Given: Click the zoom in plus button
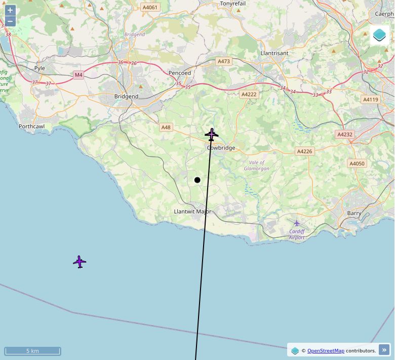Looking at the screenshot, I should pos(10,10).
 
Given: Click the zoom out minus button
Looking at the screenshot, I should pos(10,21).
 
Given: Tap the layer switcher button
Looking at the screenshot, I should pos(379,35).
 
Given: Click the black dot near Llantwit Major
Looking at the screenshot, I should pos(197,180).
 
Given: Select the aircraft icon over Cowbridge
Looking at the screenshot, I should pos(211,134).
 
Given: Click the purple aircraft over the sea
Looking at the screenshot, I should pos(80,262).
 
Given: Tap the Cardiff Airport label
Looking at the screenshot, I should pos(297,234).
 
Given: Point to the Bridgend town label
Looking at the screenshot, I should pos(126,96).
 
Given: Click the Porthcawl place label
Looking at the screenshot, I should pos(31,126).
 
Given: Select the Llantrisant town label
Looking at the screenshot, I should pos(274,53).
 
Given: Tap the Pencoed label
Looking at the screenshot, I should pos(180,73).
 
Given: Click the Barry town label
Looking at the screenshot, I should pos(354,213).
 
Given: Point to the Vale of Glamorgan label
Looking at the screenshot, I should pos(256,165).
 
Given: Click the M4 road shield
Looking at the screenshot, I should pos(78,75).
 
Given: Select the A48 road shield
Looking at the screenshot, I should pos(166,127).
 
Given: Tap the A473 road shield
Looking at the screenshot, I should pos(223,61).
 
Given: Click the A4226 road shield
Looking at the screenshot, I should pos(304,151).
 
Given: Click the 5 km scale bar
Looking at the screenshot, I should pos(32,351).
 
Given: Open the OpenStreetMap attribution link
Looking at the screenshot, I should pos(326,350).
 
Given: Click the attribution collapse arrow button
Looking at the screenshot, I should pos(384,350).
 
